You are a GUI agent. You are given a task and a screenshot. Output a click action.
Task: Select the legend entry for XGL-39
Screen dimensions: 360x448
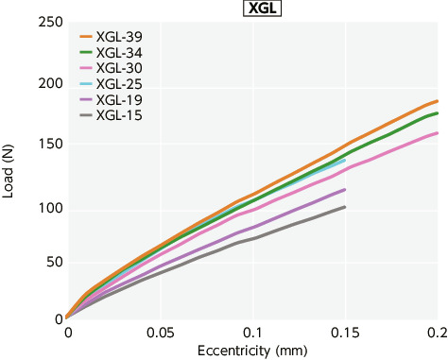tap(119, 37)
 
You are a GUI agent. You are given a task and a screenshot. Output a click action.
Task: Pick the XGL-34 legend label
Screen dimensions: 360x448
tap(119, 53)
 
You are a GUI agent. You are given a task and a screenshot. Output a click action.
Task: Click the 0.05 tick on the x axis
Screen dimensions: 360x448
tap(160, 334)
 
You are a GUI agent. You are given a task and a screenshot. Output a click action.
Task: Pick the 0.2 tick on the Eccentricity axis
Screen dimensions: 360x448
tap(436, 334)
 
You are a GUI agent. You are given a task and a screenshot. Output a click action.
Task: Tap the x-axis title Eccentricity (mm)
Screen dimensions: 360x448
tap(251, 351)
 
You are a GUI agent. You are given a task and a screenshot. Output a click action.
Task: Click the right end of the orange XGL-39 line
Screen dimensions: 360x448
tap(438, 101)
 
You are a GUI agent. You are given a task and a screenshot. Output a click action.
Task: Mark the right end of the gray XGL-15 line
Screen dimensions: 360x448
tap(345, 207)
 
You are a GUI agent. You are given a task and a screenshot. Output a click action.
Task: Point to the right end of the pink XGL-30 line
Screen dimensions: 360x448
tap(438, 133)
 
